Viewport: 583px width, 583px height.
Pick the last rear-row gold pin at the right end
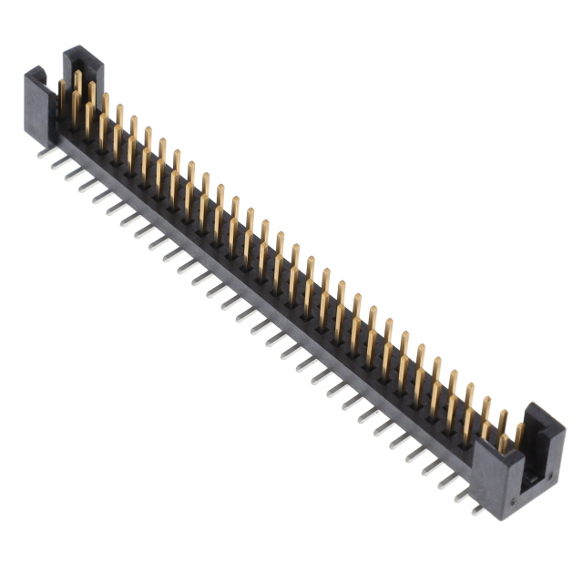[x=520, y=434]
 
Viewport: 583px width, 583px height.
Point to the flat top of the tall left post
[x=82, y=53]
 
